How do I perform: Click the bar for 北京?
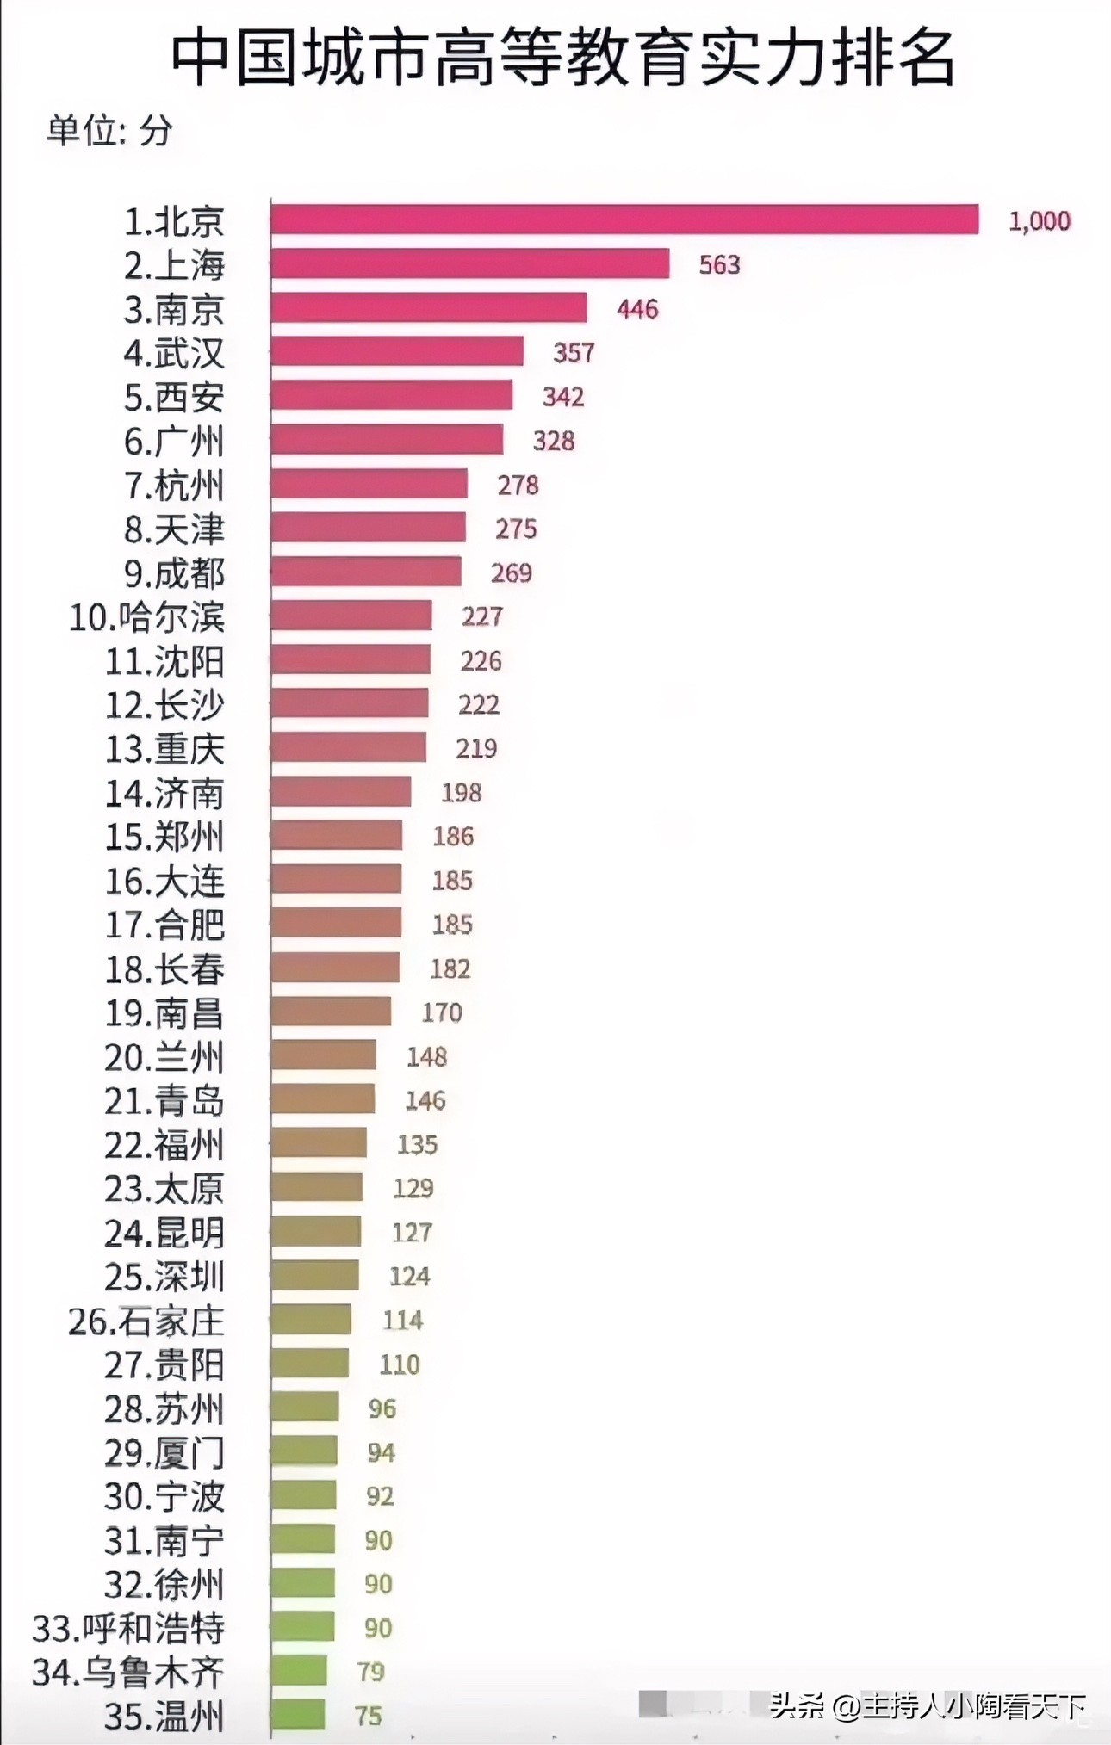(x=624, y=220)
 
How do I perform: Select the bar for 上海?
(x=469, y=263)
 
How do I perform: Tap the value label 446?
(x=637, y=308)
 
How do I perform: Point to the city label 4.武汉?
(x=174, y=353)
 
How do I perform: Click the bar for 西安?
(x=391, y=396)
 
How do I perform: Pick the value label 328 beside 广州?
(x=553, y=441)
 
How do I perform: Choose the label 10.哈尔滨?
(x=147, y=617)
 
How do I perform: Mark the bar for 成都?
(x=365, y=572)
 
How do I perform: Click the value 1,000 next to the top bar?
(x=1039, y=221)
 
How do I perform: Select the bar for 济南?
(x=340, y=791)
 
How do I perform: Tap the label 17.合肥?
(x=164, y=925)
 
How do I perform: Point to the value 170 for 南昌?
(x=442, y=1012)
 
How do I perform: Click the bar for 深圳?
(x=314, y=1275)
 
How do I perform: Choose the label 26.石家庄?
(x=146, y=1321)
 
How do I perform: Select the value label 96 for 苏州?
(x=382, y=1408)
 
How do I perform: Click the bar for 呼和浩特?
(x=302, y=1626)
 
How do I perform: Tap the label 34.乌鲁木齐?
(x=128, y=1672)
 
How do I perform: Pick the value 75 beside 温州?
(x=368, y=1715)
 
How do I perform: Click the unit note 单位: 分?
(x=109, y=130)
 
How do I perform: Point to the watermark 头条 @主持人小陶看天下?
(x=927, y=1705)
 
